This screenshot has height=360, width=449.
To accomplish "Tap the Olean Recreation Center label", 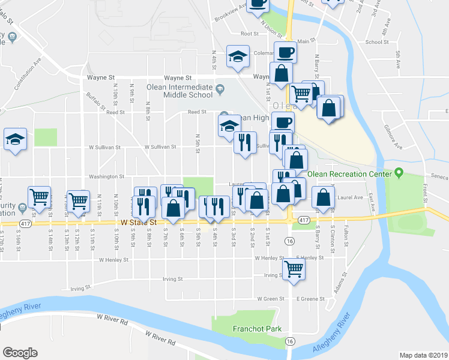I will click(349, 175).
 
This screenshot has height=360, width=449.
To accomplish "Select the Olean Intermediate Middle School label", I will click(179, 91).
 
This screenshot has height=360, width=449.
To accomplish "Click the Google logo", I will click(20, 353).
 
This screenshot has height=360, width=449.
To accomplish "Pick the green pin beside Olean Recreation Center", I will click(399, 175).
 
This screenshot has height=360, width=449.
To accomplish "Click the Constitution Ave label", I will click(29, 72).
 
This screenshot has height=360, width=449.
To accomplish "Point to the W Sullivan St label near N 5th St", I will click(160, 146).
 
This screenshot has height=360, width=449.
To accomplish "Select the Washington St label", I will click(106, 176).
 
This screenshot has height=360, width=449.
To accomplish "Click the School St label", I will click(376, 42).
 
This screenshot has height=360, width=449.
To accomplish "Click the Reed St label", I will click(197, 112).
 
